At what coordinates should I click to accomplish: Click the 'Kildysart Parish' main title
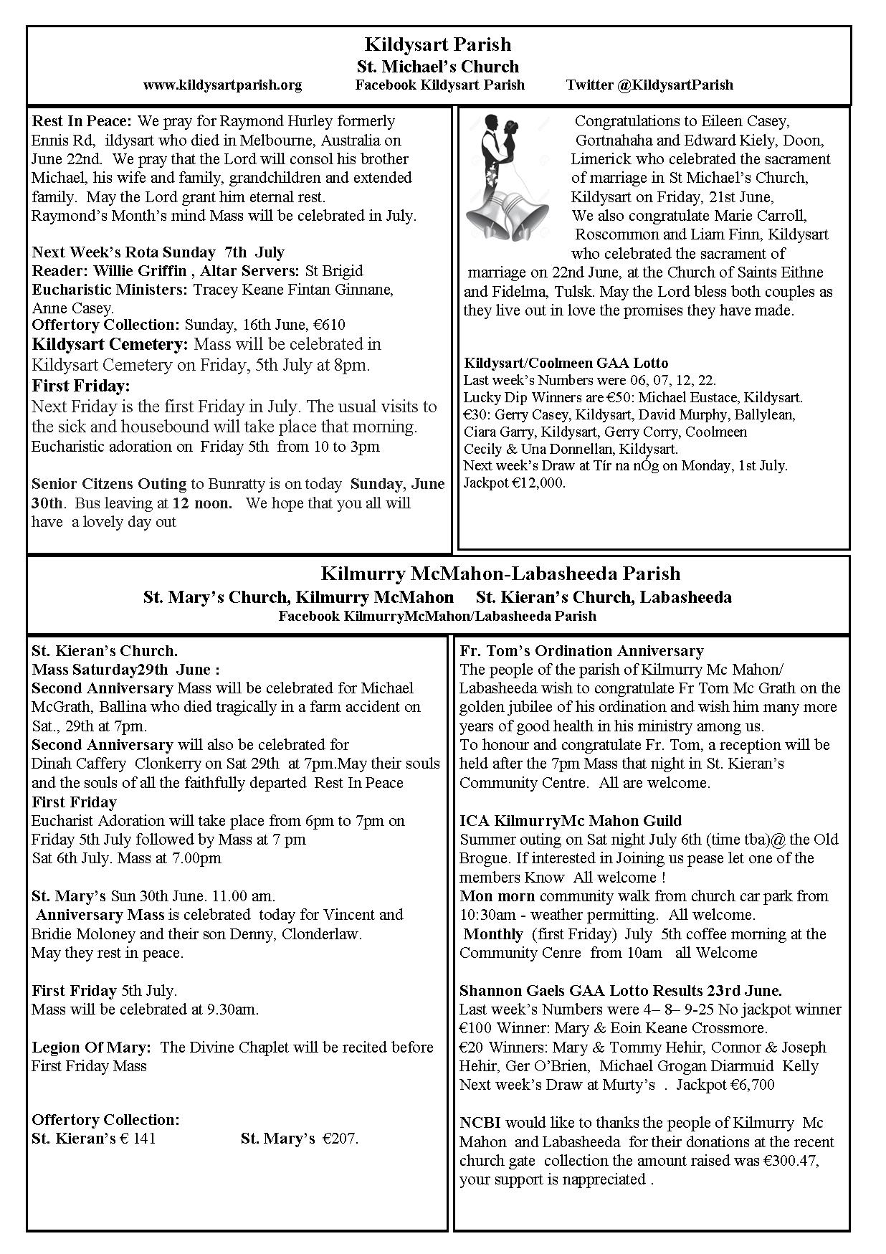point(438,44)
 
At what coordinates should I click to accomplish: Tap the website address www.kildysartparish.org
point(222,85)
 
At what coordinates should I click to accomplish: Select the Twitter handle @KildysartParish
point(649,85)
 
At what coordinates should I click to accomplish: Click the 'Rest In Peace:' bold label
point(82,121)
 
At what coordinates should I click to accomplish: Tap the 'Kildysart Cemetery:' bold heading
point(109,344)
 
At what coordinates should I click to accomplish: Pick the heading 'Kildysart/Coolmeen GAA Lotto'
point(566,363)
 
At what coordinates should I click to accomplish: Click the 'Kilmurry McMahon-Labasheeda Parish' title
point(500,574)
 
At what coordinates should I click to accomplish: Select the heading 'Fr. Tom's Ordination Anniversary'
point(581,651)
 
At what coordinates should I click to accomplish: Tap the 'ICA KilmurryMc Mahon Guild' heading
point(571,821)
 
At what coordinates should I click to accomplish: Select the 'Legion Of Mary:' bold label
point(91,1048)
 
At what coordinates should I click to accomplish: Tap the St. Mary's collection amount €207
point(340,1139)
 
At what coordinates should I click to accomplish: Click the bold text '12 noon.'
point(202,503)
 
